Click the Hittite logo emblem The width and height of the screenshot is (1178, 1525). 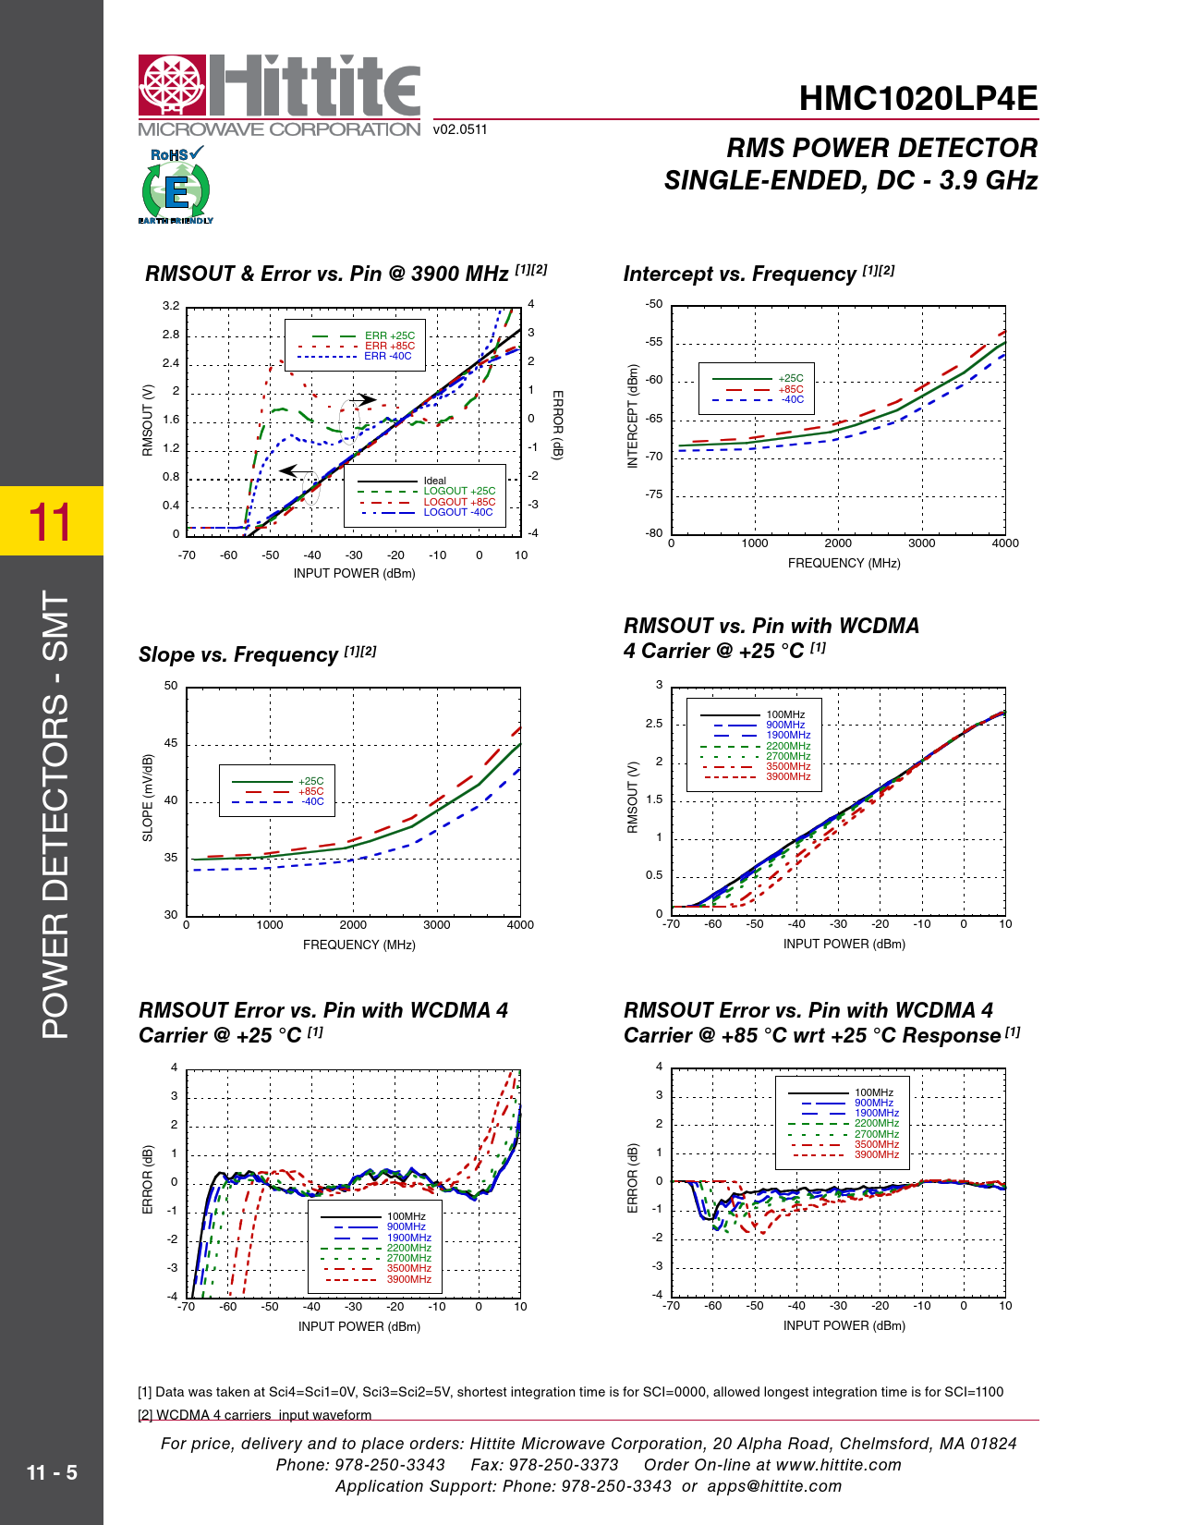pos(172,87)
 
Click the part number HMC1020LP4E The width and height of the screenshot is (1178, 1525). pos(917,99)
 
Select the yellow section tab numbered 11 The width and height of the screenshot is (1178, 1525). pos(51,521)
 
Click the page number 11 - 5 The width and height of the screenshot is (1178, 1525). pos(52,1472)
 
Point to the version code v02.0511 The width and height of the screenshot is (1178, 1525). pos(459,129)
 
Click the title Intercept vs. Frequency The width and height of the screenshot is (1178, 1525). pos(739,274)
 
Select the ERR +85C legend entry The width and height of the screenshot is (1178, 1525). pos(389,346)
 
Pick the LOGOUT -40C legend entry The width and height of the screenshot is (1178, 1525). pos(457,512)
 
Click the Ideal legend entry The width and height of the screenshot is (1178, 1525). pos(434,481)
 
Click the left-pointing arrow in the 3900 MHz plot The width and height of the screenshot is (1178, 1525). pos(296,471)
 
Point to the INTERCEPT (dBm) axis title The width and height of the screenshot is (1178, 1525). pos(633,417)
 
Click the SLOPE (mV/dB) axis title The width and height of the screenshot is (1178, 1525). pos(148,798)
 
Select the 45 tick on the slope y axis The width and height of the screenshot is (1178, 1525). pos(171,743)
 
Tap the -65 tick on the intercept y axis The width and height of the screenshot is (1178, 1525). pos(653,419)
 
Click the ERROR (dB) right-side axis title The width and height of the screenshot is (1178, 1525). pos(557,424)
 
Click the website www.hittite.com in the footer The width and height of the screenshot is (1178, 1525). pos(838,1465)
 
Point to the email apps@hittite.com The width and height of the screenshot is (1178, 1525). pos(774,1486)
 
